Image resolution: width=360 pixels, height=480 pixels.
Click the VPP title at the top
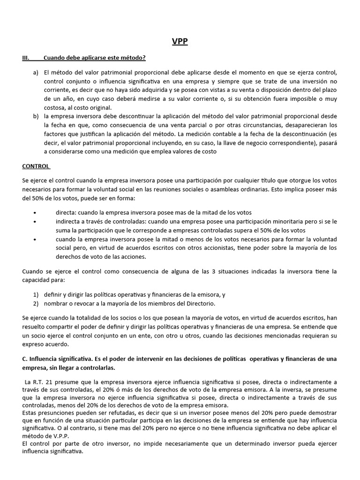pyautogui.click(x=180, y=42)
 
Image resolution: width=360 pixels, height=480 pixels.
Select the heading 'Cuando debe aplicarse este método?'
pyautogui.click(x=94, y=58)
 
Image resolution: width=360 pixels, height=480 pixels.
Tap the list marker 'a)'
pyautogui.click(x=36, y=73)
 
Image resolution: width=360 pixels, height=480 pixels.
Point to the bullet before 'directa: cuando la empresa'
pyautogui.click(x=36, y=212)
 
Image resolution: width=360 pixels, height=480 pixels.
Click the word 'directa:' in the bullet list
pyautogui.click(x=66, y=212)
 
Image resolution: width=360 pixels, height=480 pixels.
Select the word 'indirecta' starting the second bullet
pyautogui.click(x=68, y=221)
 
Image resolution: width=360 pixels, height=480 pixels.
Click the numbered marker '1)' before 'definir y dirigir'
pyautogui.click(x=36, y=295)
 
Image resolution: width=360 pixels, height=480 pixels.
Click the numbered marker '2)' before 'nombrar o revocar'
pyautogui.click(x=36, y=304)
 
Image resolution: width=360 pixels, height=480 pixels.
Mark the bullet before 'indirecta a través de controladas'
pyautogui.click(x=36, y=221)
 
